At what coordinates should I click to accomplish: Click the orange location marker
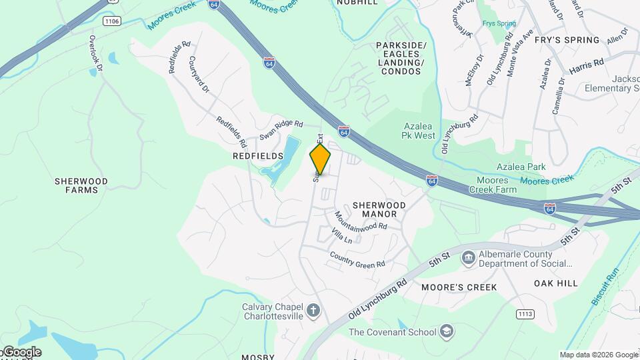click(320, 159)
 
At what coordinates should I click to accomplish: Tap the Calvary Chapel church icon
click(313, 311)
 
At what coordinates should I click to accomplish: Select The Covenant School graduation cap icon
click(446, 331)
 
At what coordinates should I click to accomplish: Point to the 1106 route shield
click(112, 21)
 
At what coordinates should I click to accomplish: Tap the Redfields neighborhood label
click(258, 156)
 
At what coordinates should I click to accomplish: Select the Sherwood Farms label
click(81, 185)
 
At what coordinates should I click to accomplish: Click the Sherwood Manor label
click(375, 209)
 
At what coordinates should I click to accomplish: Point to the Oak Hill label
click(556, 283)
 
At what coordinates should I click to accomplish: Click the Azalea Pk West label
click(419, 131)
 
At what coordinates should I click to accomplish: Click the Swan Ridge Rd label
click(281, 129)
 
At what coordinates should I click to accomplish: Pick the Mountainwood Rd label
click(361, 221)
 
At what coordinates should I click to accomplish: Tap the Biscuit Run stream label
click(605, 286)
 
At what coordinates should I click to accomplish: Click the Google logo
click(21, 352)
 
